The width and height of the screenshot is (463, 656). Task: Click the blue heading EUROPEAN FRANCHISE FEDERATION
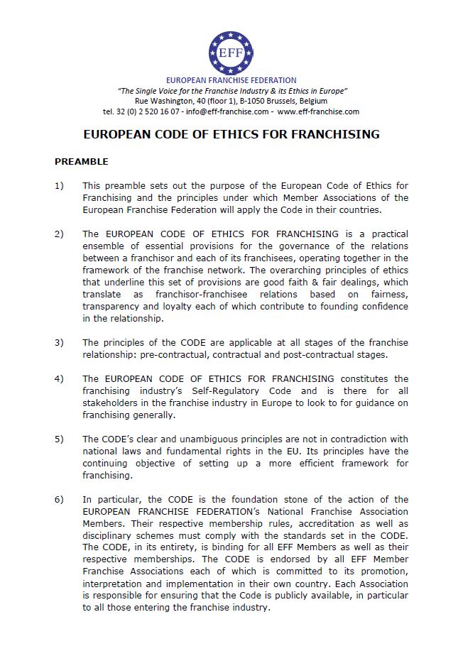coord(231,80)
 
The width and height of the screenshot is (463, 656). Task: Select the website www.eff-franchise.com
coord(318,111)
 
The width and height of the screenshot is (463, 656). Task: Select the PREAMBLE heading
coord(82,162)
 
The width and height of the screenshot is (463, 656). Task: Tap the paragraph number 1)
coord(59,186)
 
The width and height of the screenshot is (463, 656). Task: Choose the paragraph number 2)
coord(59,234)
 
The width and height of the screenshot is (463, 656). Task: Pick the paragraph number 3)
coord(59,343)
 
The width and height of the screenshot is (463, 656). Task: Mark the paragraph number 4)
coord(59,379)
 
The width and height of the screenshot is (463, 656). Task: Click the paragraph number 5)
coord(59,439)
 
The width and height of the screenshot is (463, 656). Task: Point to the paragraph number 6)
coord(59,499)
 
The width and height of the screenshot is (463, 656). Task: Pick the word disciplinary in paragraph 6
coord(108,535)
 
